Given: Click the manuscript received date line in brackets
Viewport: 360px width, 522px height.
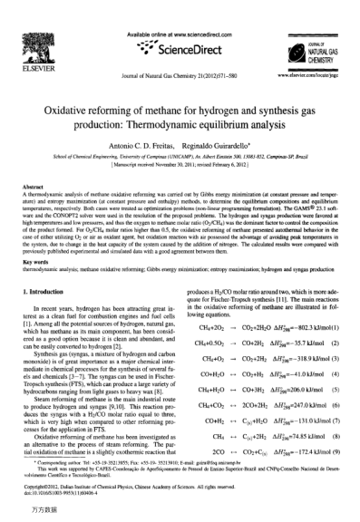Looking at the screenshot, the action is [x=180, y=140].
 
